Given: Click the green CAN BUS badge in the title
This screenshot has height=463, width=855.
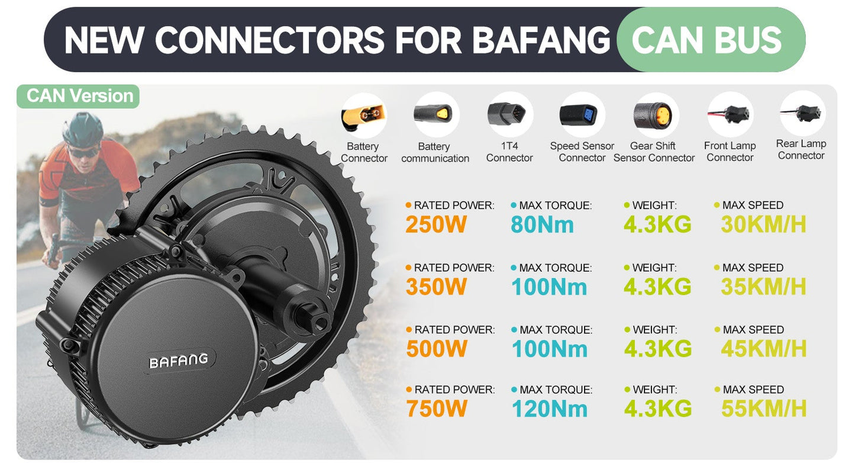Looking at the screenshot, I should click(707, 40).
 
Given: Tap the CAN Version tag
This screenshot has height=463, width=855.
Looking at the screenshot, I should click(80, 96).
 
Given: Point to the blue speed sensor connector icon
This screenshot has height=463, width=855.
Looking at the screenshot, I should click(582, 114).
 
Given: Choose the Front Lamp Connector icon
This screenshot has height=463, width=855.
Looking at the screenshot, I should click(730, 114).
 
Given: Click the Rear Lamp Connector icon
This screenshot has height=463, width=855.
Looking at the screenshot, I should click(802, 112).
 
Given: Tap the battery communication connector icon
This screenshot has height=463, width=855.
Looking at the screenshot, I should click(435, 114).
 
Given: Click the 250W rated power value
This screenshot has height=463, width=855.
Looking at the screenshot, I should click(436, 225).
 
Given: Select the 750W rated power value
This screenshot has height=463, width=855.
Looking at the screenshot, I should click(437, 409).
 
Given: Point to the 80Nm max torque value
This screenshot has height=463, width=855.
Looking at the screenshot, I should click(542, 225).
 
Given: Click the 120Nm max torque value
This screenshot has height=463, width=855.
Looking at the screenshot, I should click(550, 409).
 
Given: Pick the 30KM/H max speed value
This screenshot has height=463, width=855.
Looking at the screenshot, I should click(763, 225).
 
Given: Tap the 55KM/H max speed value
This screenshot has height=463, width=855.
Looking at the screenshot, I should click(764, 409).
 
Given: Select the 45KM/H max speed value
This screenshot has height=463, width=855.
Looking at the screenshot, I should click(764, 349).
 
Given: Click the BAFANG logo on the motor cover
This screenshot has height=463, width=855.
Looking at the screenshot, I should click(178, 360).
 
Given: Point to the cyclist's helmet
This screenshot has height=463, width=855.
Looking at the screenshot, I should click(83, 128).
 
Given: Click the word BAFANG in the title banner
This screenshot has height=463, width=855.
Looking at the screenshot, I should click(541, 40).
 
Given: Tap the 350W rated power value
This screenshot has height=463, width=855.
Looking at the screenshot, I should click(437, 287).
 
